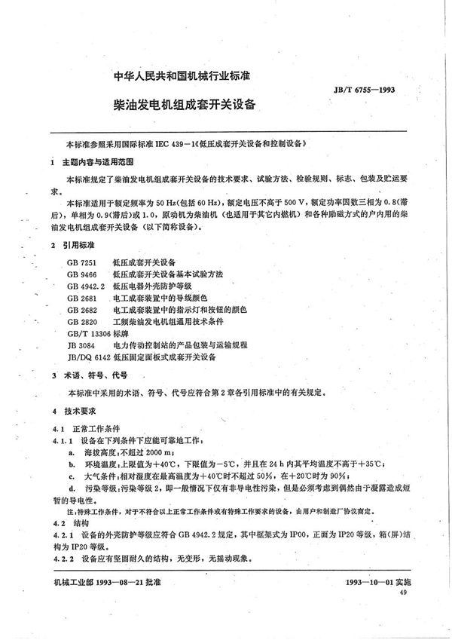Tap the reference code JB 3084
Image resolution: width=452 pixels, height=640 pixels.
coord(78,348)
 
